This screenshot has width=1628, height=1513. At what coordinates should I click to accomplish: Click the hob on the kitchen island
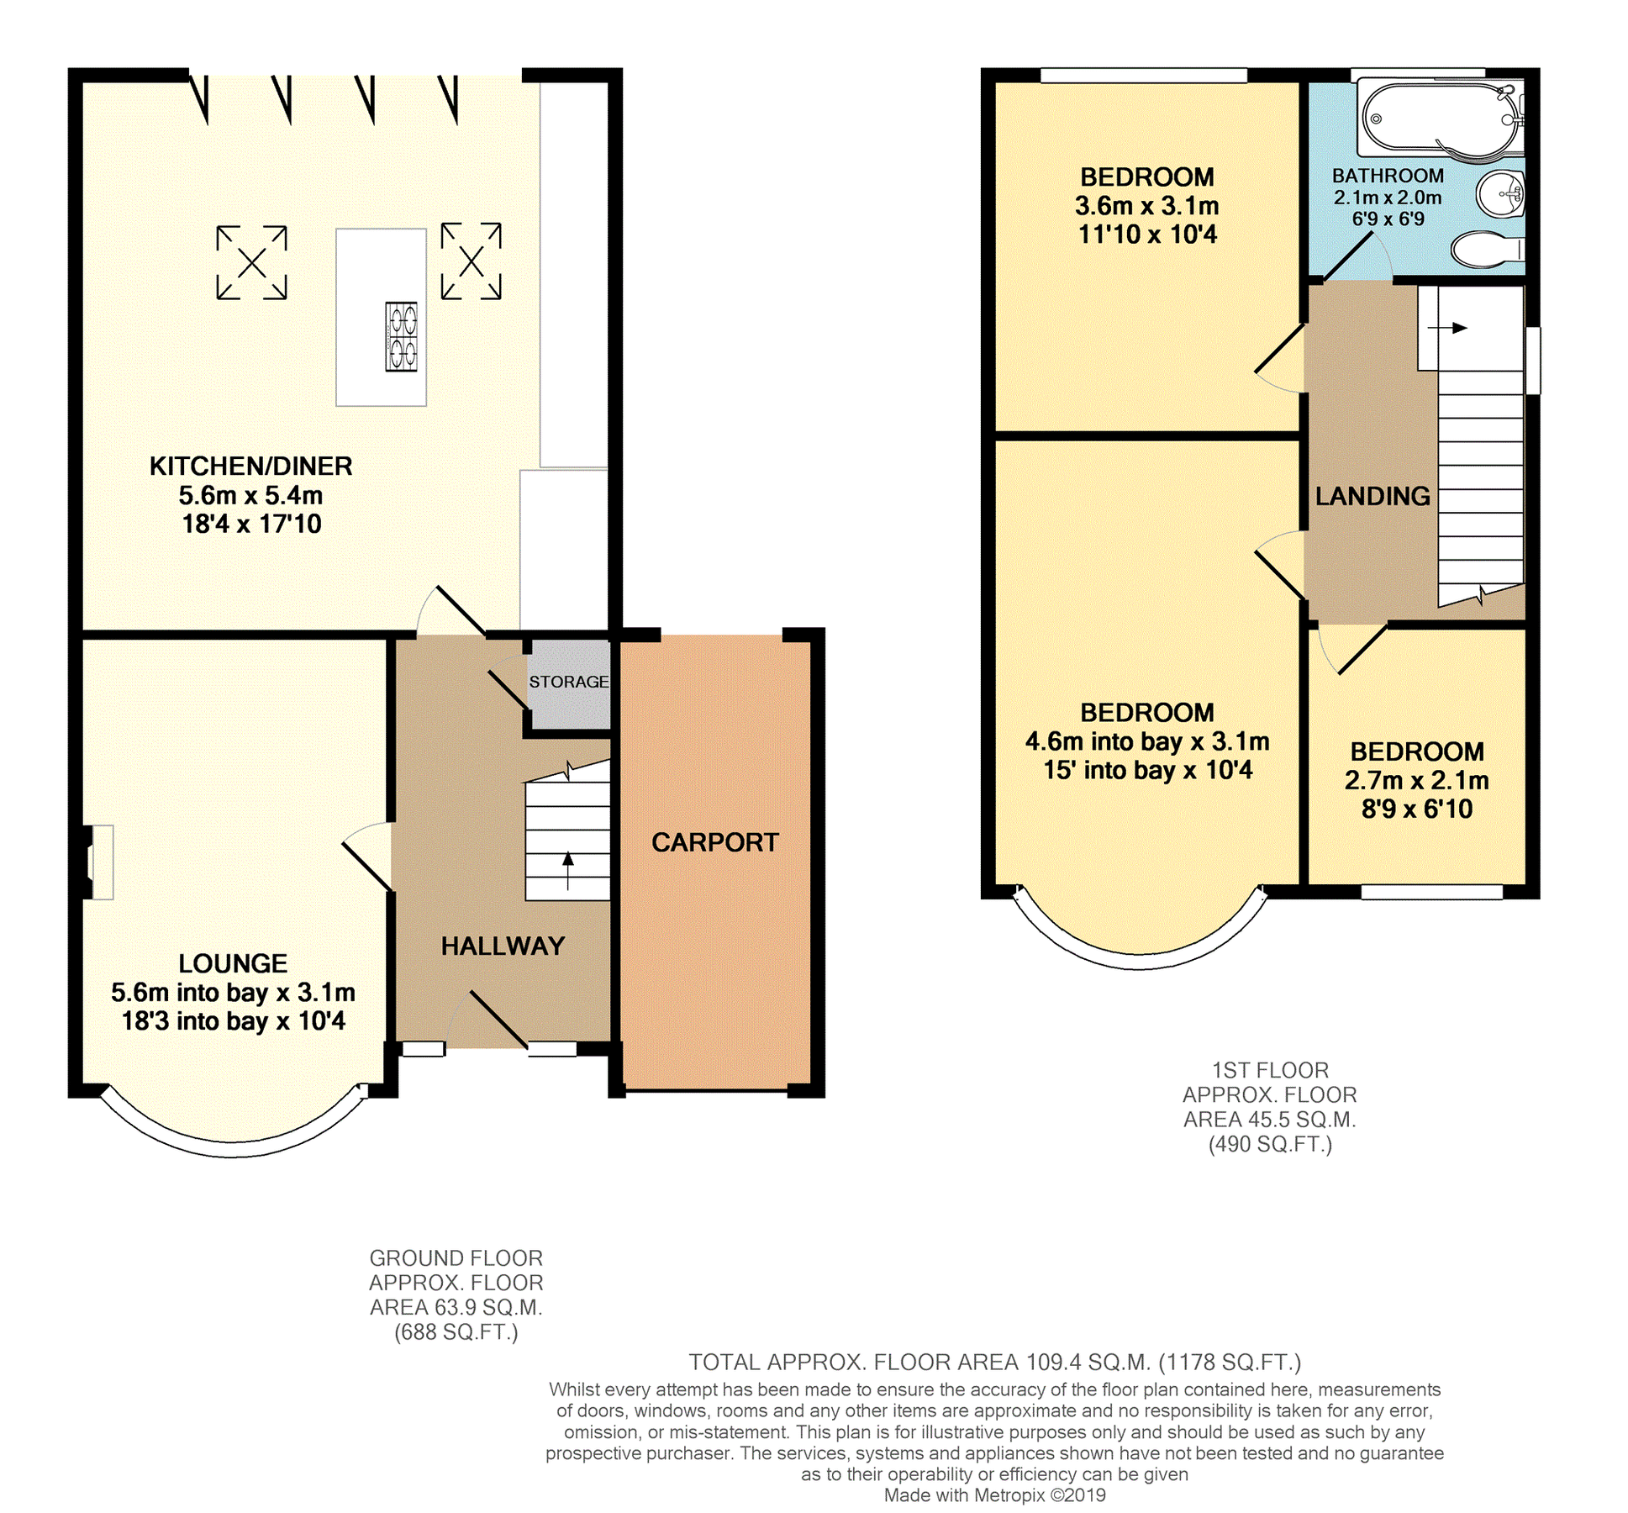coord(401,336)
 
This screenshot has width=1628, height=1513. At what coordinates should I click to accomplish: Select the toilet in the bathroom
coord(1486,249)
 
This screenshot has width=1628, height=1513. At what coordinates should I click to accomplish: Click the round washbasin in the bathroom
coord(1501,194)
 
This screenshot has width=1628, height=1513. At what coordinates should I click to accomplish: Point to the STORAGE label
coord(568,682)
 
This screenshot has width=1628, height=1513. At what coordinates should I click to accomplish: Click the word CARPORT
coord(714,842)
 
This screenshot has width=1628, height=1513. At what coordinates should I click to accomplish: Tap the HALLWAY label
coord(503,946)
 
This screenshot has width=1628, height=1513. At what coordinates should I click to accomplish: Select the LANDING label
coord(1372,496)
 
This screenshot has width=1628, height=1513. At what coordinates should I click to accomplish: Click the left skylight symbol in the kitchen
coord(251,263)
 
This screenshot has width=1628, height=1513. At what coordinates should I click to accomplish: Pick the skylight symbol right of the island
coord(471,261)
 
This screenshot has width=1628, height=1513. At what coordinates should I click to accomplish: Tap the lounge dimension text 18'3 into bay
coord(233,1021)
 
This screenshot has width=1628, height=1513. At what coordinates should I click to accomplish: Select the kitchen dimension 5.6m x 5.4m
coord(250,495)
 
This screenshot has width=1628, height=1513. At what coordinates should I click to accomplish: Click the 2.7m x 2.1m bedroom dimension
coord(1416,780)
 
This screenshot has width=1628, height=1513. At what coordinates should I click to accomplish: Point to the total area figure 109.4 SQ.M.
coord(1085,1362)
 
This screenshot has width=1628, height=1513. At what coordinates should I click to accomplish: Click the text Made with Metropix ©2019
coord(994,1495)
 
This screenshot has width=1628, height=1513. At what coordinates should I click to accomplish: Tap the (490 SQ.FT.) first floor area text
coord(1269,1144)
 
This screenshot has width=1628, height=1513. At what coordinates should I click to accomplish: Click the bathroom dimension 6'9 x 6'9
coord(1388,219)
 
